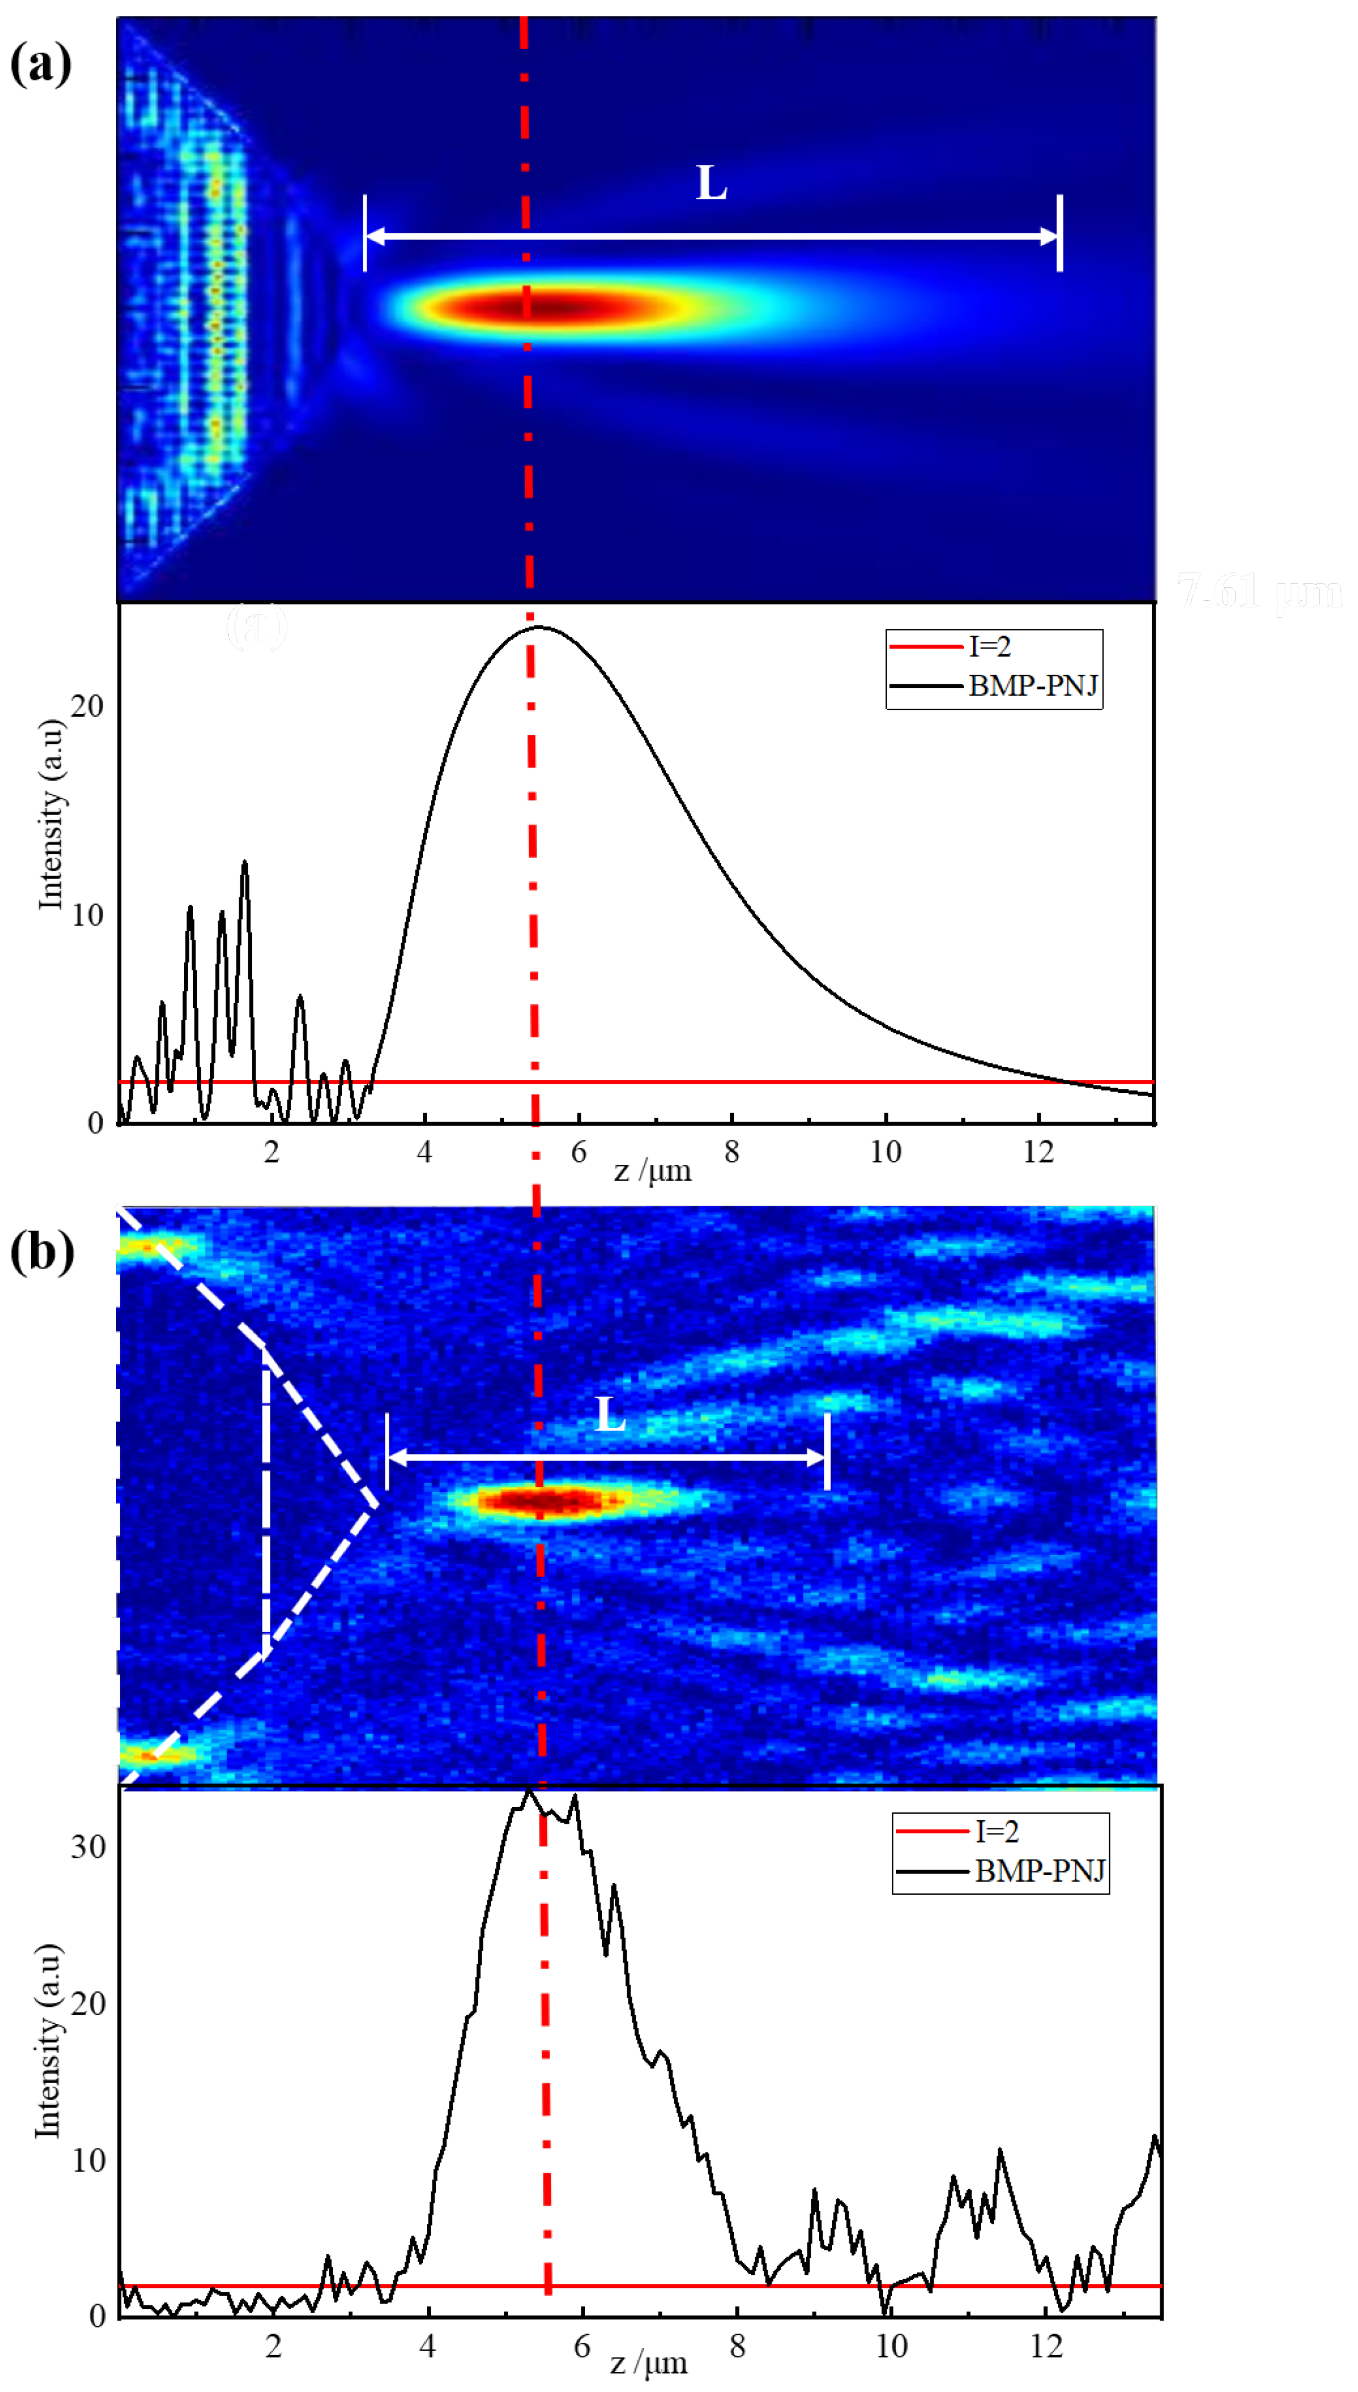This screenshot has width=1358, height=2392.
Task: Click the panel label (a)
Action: pyautogui.click(x=40, y=65)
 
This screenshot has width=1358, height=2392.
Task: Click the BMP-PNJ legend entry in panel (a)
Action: pyautogui.click(x=1032, y=686)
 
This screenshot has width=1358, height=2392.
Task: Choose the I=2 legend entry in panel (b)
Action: pyautogui.click(x=996, y=1831)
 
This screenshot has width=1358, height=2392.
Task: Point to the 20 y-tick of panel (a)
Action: pyautogui.click(x=86, y=706)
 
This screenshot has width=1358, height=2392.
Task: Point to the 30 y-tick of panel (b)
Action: pyautogui.click(x=89, y=1847)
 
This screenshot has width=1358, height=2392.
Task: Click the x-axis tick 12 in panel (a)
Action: pyautogui.click(x=1038, y=1152)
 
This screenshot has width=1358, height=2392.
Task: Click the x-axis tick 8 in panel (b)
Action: pyautogui.click(x=738, y=2345)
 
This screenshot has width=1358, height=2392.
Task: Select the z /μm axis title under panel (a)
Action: pyautogui.click(x=653, y=1171)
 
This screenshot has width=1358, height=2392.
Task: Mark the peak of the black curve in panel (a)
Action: pyautogui.click(x=538, y=627)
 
